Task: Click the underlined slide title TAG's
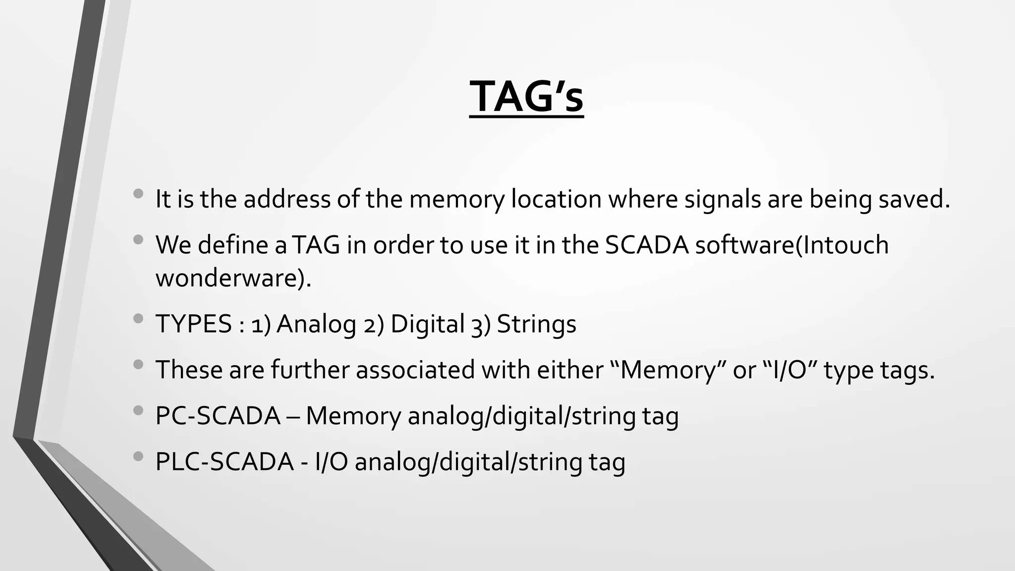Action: click(526, 97)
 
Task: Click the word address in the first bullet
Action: click(287, 199)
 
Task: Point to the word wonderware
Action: click(233, 278)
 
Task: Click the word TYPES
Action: click(194, 324)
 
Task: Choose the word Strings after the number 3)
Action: click(536, 324)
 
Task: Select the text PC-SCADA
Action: click(218, 416)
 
